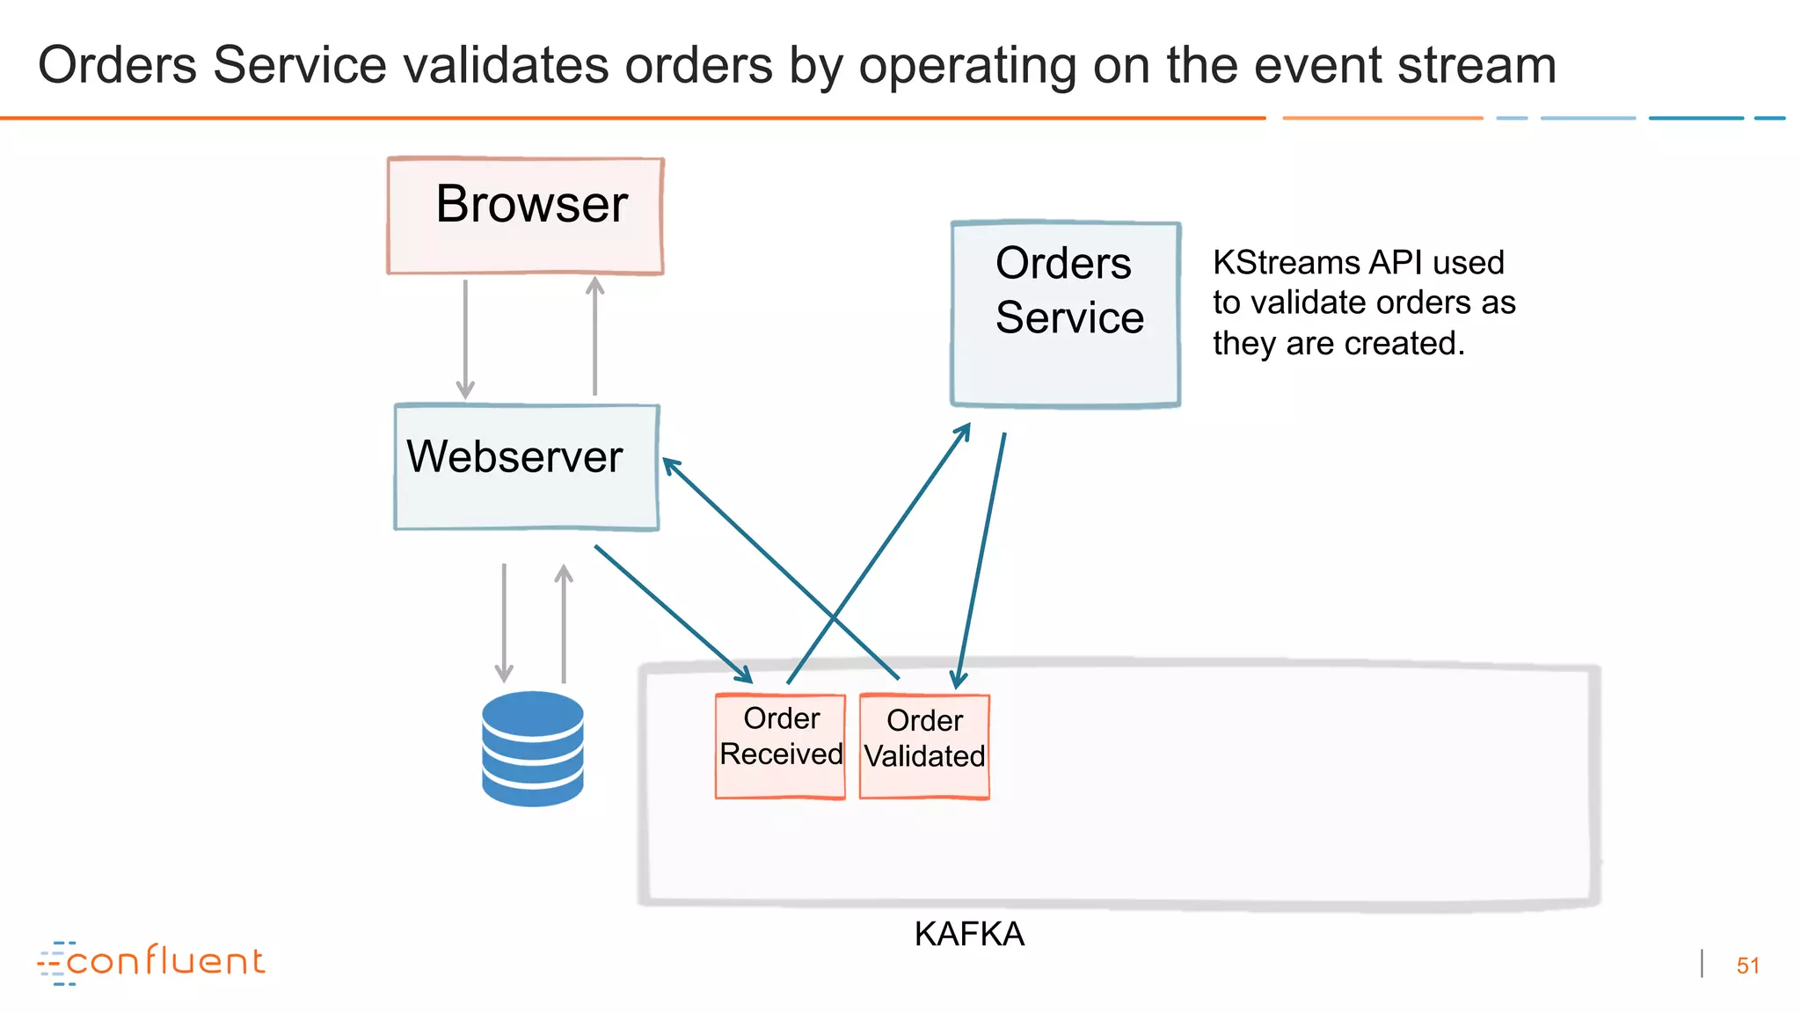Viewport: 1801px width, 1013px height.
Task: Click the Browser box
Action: (525, 215)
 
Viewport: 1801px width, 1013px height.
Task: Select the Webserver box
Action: (526, 467)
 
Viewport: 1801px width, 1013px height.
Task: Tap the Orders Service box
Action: (1065, 314)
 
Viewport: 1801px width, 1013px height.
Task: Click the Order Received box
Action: (780, 746)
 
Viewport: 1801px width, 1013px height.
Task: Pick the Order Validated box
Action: (924, 747)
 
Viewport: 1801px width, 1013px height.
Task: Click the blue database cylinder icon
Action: (533, 748)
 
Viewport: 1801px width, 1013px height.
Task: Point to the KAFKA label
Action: (969, 934)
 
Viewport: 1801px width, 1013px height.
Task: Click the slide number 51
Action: (1747, 966)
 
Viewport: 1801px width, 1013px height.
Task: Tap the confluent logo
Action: (151, 962)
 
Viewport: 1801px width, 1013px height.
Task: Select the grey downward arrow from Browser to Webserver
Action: (465, 339)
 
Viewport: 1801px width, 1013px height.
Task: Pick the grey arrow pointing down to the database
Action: (504, 623)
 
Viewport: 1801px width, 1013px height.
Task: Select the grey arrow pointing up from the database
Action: (564, 623)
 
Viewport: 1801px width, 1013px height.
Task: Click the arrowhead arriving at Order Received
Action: (744, 674)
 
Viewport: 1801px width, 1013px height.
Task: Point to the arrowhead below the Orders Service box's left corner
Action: (963, 431)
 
